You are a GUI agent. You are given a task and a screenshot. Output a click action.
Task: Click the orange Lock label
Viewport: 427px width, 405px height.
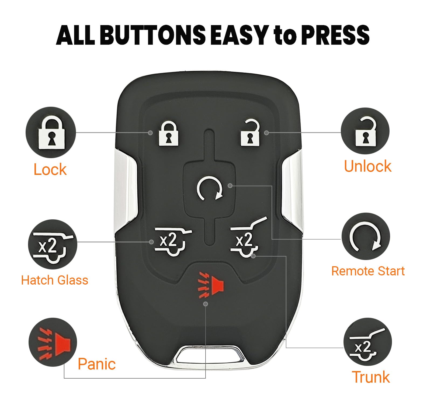click(x=50, y=169)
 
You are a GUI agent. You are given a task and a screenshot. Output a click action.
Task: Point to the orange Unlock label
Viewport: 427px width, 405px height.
click(x=368, y=166)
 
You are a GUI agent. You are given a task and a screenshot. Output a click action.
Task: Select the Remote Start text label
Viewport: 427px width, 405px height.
click(x=368, y=271)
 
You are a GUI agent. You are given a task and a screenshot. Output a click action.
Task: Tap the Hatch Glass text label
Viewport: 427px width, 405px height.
click(x=55, y=280)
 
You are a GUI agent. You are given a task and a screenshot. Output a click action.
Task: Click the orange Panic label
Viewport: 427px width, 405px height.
click(x=97, y=364)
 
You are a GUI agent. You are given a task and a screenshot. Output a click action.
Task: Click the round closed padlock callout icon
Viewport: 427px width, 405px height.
click(x=51, y=132)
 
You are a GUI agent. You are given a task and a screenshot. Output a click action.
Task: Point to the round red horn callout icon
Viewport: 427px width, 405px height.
click(x=53, y=342)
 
